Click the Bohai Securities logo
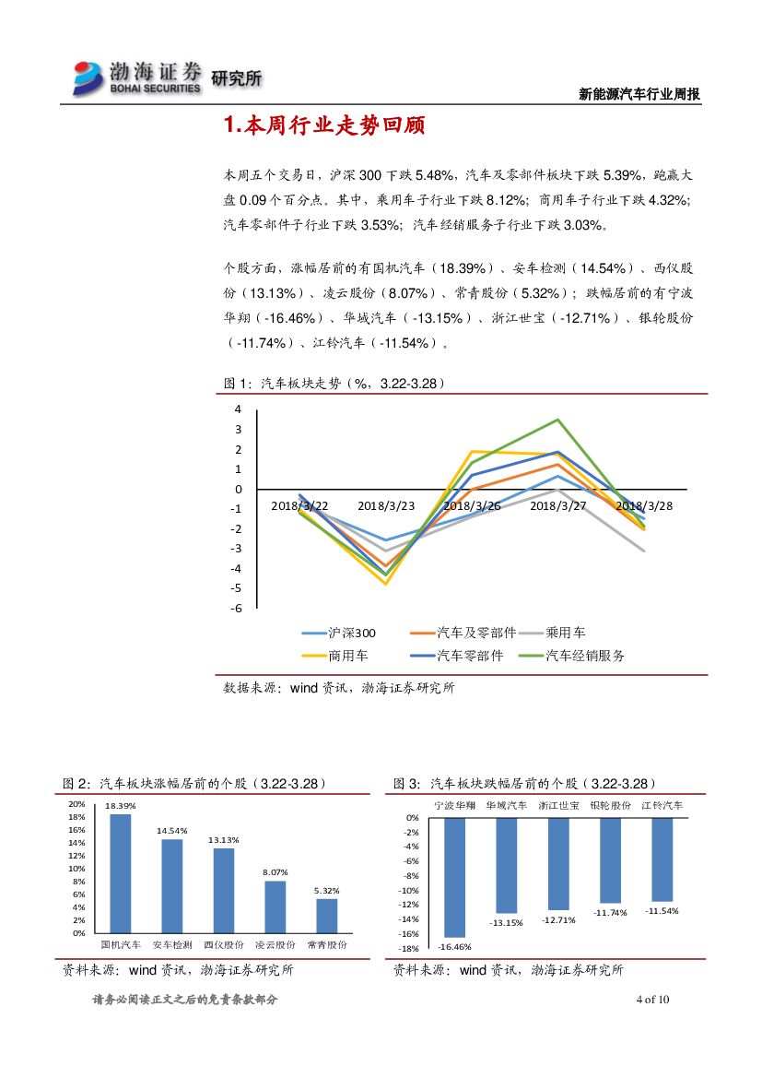(138, 77)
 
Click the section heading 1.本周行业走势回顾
(323, 126)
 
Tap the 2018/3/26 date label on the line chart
(471, 506)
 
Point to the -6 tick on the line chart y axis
(237, 609)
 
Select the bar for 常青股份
(326, 915)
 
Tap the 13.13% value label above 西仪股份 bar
(223, 840)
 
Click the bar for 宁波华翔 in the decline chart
(454, 877)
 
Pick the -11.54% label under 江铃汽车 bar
(662, 911)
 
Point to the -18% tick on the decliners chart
(409, 948)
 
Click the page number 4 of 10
(653, 1000)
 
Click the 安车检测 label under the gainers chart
(171, 945)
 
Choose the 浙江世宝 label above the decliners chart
(558, 805)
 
